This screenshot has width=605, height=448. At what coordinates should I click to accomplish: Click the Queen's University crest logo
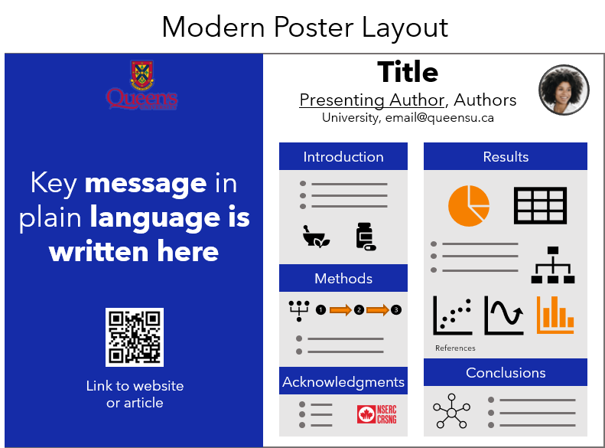tap(141, 85)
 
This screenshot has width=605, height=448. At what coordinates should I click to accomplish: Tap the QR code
tap(135, 337)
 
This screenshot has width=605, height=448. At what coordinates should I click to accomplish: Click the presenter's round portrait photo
tap(564, 90)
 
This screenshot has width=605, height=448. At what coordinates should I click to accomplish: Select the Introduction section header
tap(343, 156)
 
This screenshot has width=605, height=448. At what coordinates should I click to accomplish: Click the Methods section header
tap(343, 278)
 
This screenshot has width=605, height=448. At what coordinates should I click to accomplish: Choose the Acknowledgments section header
tap(343, 381)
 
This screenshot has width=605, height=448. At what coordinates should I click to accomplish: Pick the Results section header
tap(506, 156)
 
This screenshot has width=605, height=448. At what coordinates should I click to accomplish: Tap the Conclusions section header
tap(506, 372)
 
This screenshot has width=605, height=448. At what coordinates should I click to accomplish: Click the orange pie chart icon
tap(469, 205)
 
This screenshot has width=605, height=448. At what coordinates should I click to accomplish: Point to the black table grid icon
tap(540, 205)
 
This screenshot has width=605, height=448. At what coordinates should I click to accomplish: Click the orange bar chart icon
tap(555, 315)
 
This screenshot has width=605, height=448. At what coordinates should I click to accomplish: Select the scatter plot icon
tap(453, 316)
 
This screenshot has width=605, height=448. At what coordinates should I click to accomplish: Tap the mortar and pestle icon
tap(316, 237)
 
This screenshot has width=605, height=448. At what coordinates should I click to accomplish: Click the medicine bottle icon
tap(366, 237)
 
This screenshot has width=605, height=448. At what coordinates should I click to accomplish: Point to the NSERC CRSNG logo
tap(376, 414)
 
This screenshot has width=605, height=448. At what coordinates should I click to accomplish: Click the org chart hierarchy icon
tap(553, 265)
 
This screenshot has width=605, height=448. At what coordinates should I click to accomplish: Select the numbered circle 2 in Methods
tap(359, 309)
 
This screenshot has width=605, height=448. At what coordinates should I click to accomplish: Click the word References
tap(455, 348)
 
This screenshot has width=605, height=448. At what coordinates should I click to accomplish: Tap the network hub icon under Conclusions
tap(451, 411)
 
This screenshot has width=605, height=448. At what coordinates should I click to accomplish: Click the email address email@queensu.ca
tap(440, 117)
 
